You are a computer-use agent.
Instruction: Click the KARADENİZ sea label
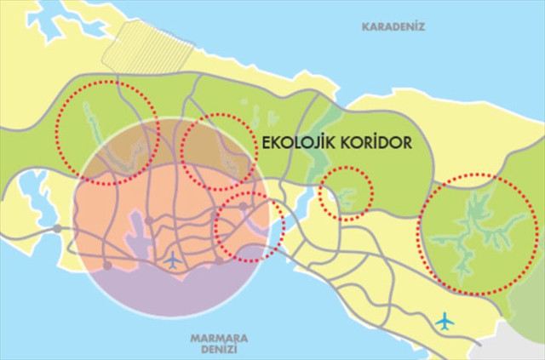click(393, 26)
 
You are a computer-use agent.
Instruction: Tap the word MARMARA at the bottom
click(213, 336)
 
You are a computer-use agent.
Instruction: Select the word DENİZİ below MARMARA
click(213, 349)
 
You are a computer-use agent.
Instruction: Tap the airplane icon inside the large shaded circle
click(174, 260)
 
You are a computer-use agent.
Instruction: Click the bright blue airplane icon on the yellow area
click(444, 321)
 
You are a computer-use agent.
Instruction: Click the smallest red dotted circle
click(346, 193)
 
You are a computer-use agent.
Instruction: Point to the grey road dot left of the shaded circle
click(57, 228)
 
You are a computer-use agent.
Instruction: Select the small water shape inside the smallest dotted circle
click(346, 199)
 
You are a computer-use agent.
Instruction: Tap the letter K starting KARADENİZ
click(366, 26)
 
